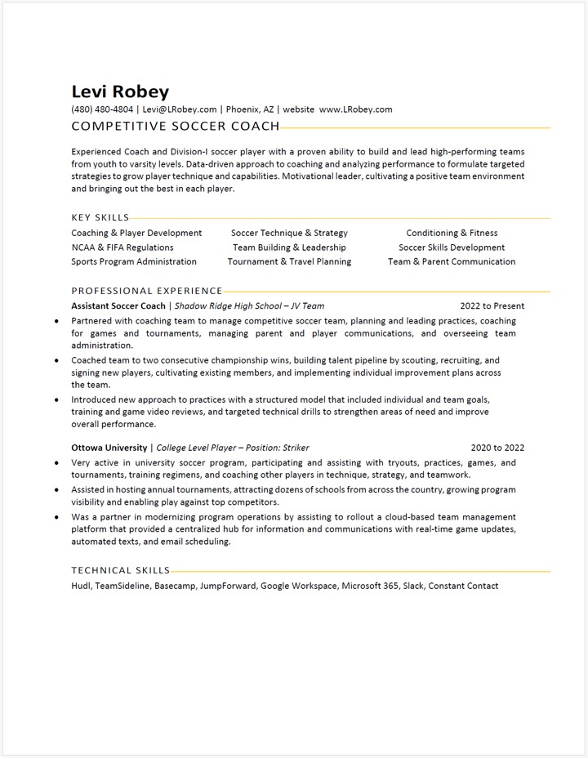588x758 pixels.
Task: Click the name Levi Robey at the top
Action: (x=120, y=91)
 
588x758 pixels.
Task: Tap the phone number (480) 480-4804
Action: (x=102, y=109)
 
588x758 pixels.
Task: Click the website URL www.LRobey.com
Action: (x=355, y=109)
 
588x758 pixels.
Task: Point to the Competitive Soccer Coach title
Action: (x=176, y=127)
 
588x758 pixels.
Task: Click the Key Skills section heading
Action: (x=100, y=218)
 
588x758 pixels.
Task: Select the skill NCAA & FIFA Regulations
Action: (x=122, y=247)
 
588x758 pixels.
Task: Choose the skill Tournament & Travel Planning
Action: (x=289, y=262)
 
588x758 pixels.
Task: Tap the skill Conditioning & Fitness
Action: (x=452, y=233)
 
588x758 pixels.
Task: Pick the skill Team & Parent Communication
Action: (x=452, y=262)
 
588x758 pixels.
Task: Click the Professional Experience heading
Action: (x=147, y=291)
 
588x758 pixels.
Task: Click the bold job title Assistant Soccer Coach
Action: (x=118, y=306)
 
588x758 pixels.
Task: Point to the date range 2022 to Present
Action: (x=492, y=306)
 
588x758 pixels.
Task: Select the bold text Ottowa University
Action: (x=109, y=448)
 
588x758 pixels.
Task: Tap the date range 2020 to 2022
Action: (x=497, y=448)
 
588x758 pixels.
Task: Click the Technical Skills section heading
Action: (x=121, y=571)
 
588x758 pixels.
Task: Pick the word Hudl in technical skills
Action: (x=81, y=586)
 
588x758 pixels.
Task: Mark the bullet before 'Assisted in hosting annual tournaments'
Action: (x=56, y=490)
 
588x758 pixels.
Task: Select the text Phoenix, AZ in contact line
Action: (x=249, y=109)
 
